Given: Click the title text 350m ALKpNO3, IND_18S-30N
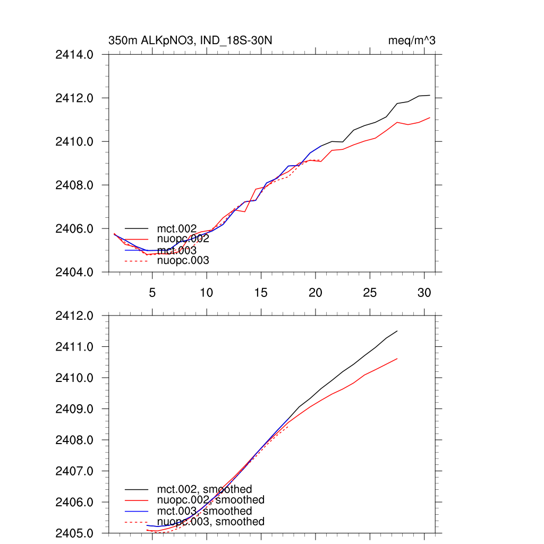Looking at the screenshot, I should (191, 41).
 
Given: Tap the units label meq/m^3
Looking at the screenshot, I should (412, 41).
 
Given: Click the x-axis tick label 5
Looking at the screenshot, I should (152, 293).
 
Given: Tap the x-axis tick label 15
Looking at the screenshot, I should (261, 293).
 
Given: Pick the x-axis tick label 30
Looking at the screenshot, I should (424, 293).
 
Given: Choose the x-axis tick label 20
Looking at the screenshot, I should (316, 293).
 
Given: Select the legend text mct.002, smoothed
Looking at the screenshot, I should (204, 489).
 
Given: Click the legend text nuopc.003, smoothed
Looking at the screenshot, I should (210, 522).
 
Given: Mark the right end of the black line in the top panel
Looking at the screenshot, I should (429, 95).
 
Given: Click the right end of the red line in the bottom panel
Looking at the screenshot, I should (397, 359).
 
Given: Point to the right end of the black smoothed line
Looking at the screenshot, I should (397, 330).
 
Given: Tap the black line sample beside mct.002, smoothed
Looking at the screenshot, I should (136, 489).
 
